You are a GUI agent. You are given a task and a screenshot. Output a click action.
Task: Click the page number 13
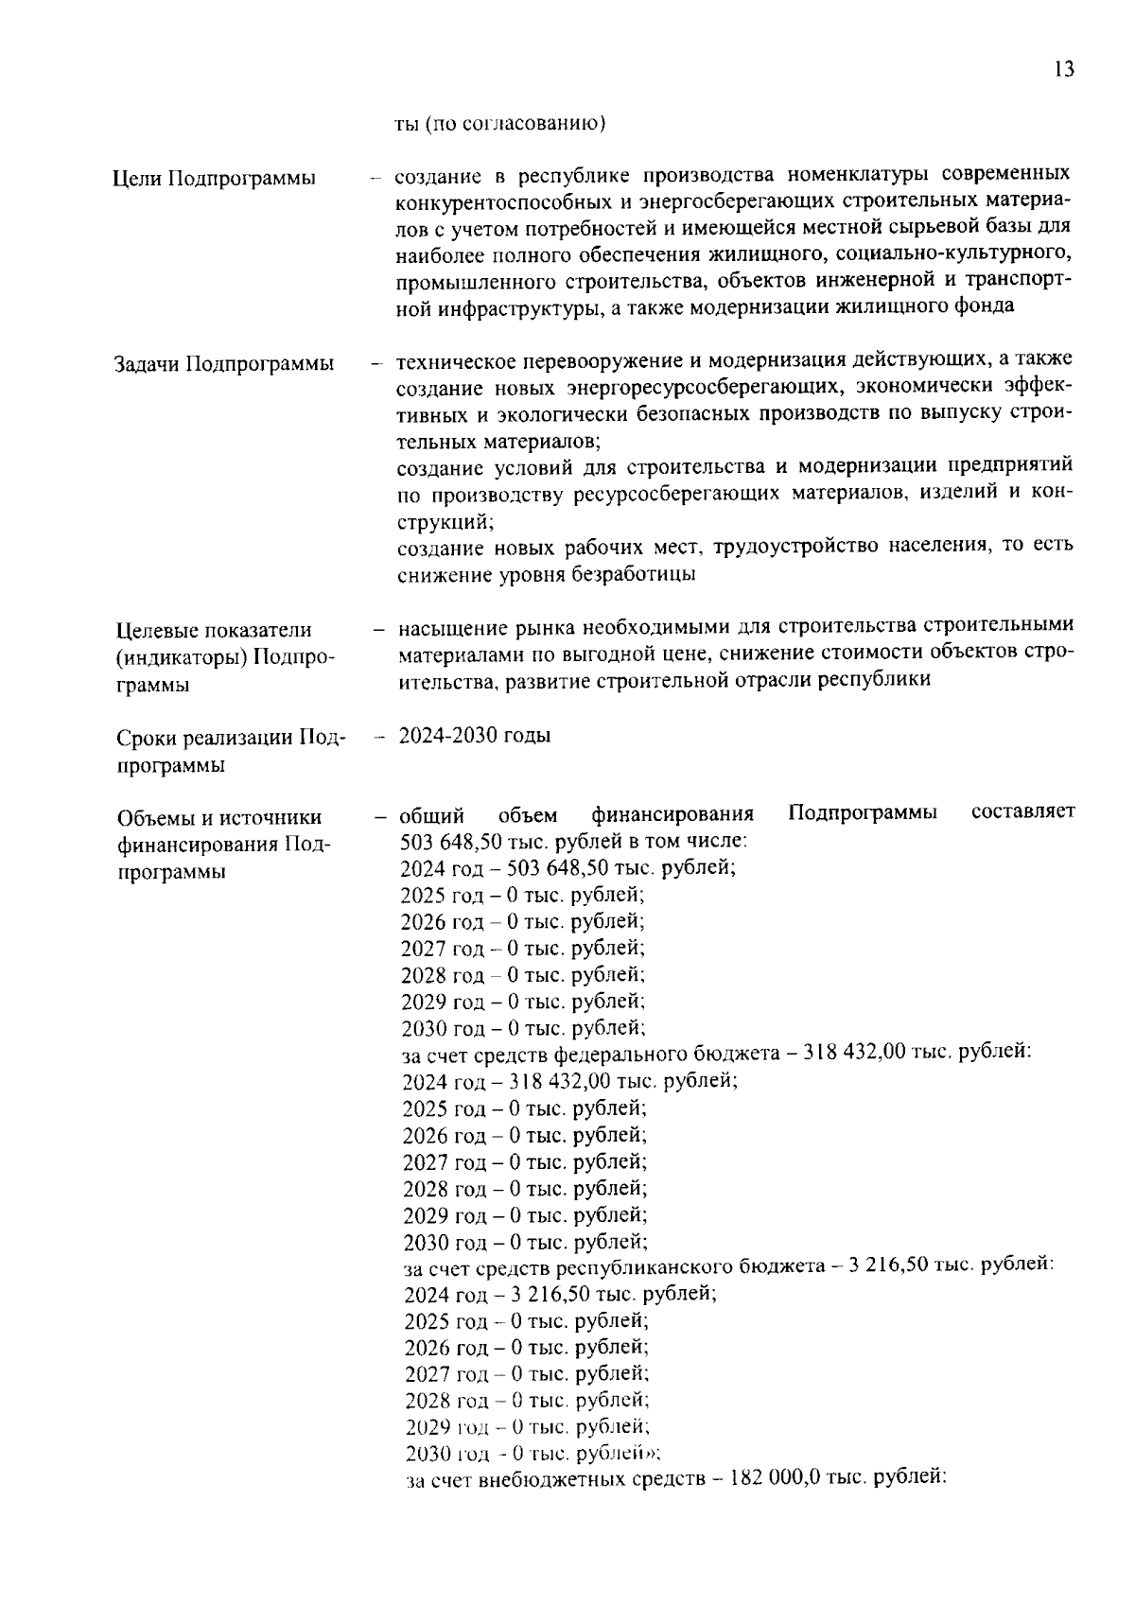tap(1063, 70)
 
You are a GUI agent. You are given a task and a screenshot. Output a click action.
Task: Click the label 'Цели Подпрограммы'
tap(214, 179)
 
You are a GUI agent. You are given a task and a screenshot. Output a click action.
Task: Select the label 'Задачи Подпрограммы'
tap(223, 364)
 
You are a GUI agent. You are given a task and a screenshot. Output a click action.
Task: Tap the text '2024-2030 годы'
tap(475, 736)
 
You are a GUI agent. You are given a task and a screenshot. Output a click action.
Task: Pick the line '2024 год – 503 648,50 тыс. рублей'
tap(567, 867)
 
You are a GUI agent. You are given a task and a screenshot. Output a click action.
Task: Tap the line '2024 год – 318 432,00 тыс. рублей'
tap(569, 1081)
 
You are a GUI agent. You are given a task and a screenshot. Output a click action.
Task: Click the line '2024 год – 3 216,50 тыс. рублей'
tap(560, 1294)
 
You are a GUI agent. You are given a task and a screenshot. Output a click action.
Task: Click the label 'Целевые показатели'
tap(214, 631)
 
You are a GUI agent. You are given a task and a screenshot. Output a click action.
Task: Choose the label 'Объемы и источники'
tap(218, 817)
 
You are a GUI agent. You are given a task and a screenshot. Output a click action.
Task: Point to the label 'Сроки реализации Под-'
tap(231, 738)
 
